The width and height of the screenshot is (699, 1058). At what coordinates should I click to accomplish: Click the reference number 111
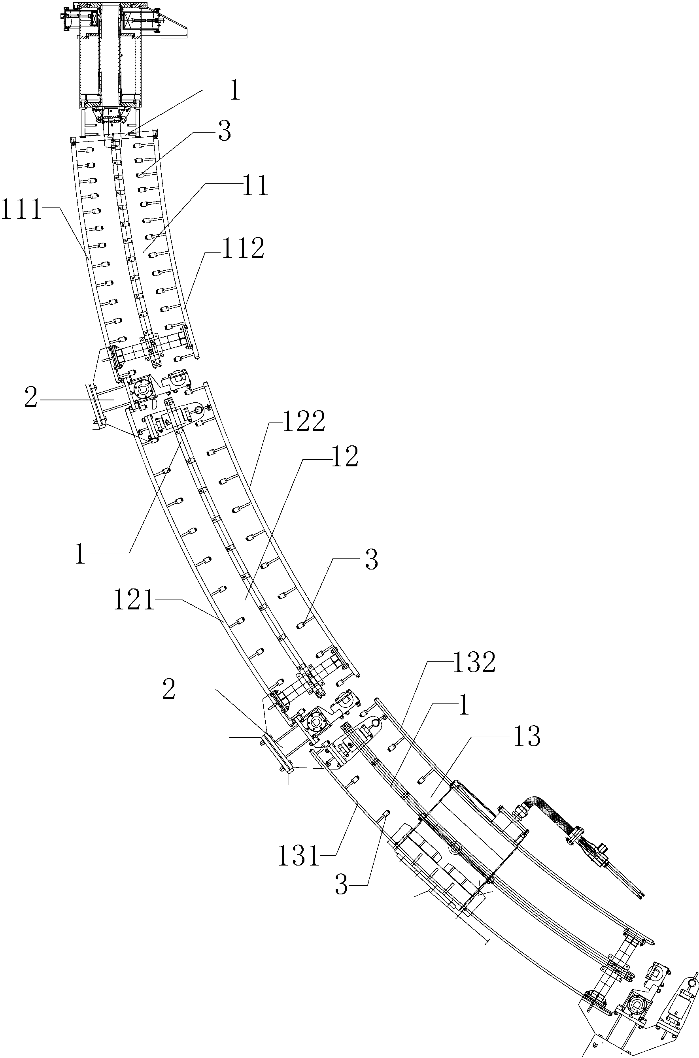[x=21, y=209]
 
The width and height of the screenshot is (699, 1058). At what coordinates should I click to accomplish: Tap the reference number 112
[x=243, y=249]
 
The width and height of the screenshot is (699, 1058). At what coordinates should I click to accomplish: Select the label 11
[x=255, y=185]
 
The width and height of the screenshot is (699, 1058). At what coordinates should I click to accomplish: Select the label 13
[x=527, y=736]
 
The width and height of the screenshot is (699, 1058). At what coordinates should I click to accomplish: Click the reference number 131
[x=298, y=856]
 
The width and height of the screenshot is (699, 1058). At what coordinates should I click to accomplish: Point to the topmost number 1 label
[x=235, y=91]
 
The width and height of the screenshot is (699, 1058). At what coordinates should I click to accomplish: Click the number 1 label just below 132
[x=464, y=706]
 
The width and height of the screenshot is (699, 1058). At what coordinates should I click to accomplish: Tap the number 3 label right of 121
[x=371, y=560]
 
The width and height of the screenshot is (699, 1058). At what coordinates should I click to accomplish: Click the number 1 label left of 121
[x=80, y=554]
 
